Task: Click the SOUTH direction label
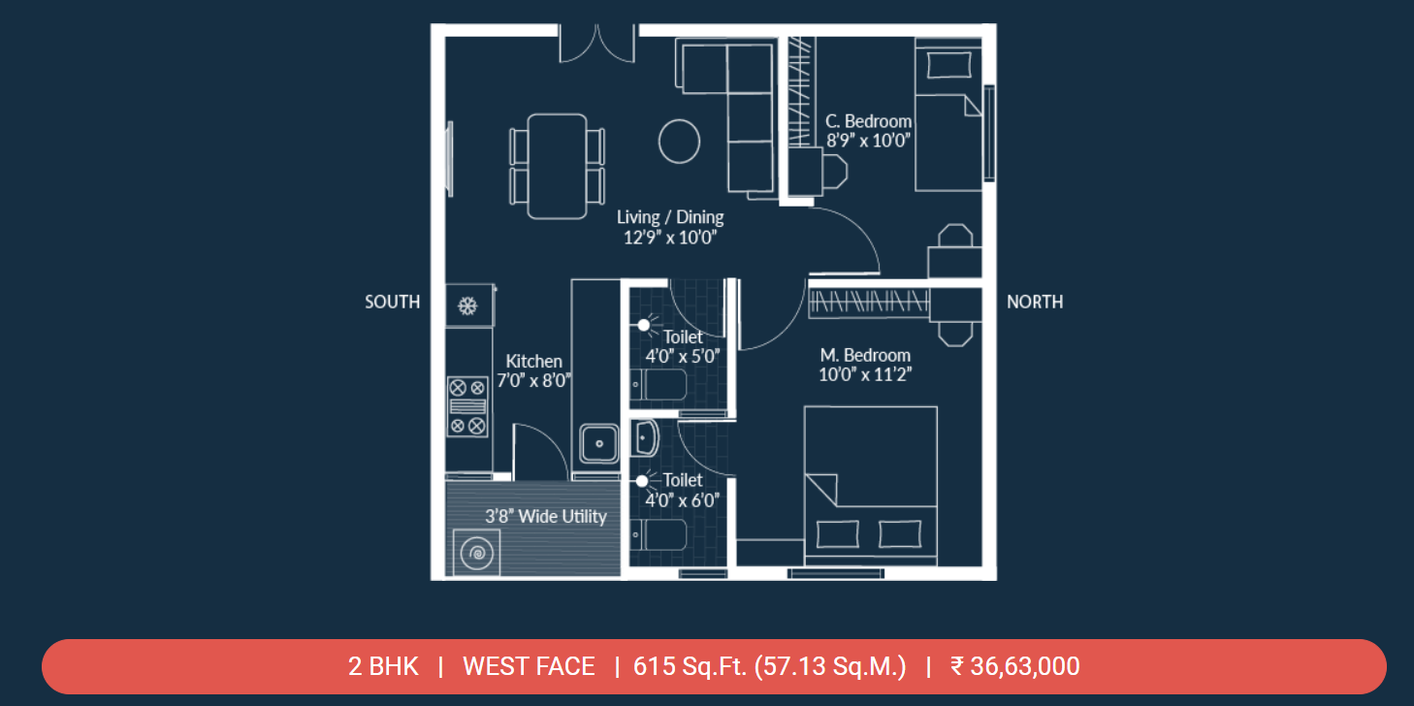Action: click(392, 302)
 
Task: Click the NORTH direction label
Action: click(1035, 302)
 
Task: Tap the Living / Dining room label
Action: click(670, 217)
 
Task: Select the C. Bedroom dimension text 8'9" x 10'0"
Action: click(868, 141)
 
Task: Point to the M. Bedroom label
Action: click(865, 355)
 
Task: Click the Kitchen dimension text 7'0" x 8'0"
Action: click(533, 381)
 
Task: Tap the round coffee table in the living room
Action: click(679, 142)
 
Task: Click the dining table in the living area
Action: click(558, 167)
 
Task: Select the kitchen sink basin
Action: click(599, 444)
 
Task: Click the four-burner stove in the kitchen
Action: click(467, 406)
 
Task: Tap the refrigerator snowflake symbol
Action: click(467, 306)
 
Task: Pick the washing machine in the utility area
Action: click(476, 553)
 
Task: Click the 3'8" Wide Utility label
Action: click(545, 517)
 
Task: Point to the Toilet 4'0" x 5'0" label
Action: click(683, 346)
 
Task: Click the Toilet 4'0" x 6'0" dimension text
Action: click(683, 500)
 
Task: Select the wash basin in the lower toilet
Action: click(645, 438)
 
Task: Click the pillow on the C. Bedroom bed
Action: click(948, 65)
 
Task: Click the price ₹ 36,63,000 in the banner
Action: click(1015, 666)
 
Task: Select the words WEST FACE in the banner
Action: click(529, 666)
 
